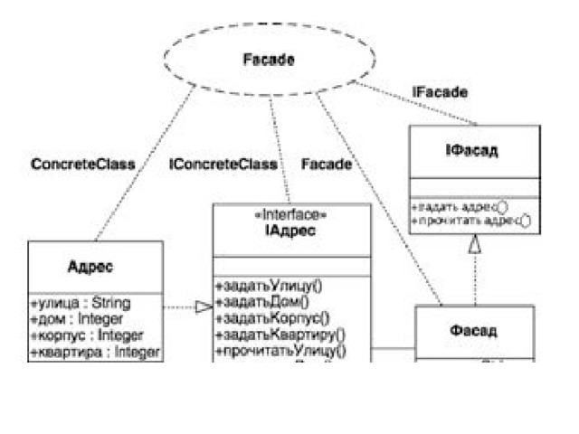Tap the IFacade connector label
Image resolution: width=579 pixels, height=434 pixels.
pos(440,92)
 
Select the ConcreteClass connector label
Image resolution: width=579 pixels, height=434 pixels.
pos(83,165)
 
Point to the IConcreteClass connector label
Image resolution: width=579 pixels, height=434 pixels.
pos(223,165)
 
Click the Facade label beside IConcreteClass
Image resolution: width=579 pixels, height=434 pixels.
pos(326,165)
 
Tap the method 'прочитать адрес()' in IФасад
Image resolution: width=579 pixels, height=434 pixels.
pos(469,219)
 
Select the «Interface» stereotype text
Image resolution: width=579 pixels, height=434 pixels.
pos(291,217)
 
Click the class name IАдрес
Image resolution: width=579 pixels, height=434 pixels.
pos(291,231)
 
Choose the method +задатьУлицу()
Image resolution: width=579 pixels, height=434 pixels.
pos(268,287)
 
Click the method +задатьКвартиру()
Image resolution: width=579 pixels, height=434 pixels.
pos(275,335)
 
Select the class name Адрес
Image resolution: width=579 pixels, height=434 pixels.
pos(96,267)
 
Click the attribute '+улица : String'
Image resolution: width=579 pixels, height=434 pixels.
pos(81,302)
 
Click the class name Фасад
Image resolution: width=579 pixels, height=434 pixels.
pos(473,331)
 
